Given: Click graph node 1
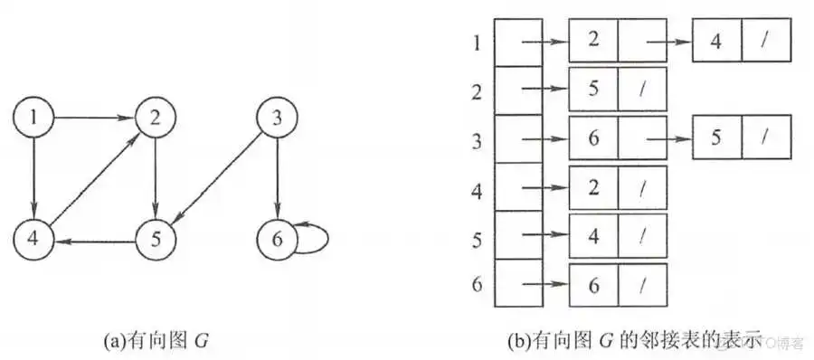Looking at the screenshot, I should [x=34, y=118].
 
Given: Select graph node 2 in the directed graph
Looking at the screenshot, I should [x=155, y=118].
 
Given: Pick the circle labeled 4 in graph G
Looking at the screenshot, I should [x=34, y=240].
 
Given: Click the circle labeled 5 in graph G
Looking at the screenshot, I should [x=155, y=240].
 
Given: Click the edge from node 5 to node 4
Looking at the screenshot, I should [x=94, y=240].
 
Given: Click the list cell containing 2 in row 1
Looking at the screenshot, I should [x=592, y=42].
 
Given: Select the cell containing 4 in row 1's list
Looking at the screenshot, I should [x=716, y=42].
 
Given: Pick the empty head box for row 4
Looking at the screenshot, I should [x=518, y=187].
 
